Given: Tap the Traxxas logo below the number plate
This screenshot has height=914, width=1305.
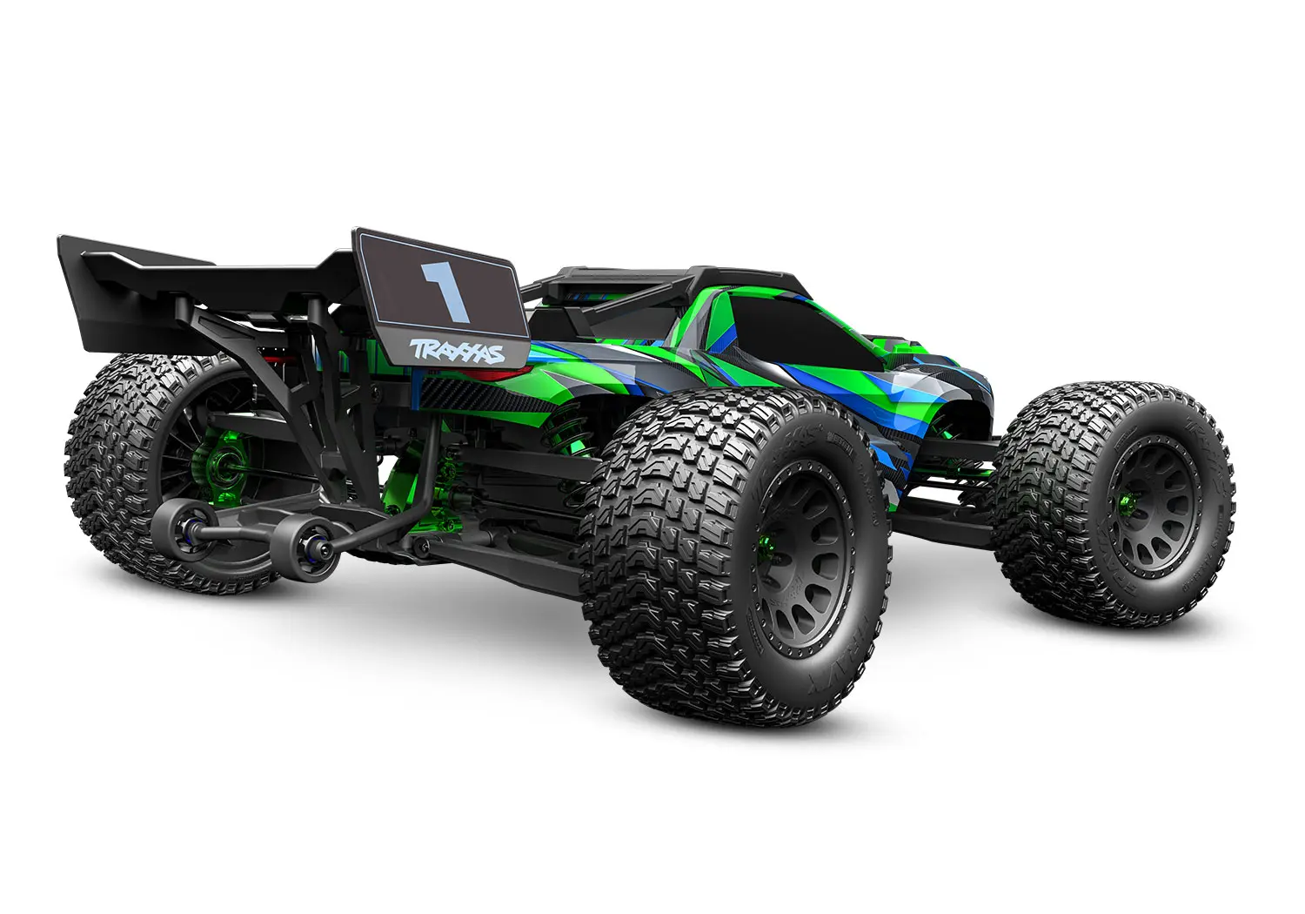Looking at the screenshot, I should pyautogui.click(x=457, y=351).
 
